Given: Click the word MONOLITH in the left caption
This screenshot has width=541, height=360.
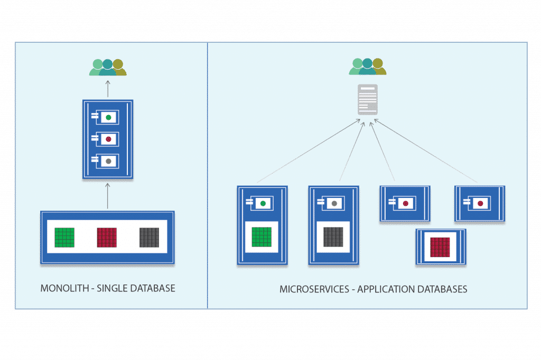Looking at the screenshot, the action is click(x=64, y=288).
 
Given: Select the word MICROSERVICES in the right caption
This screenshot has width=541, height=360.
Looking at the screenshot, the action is click(x=314, y=289).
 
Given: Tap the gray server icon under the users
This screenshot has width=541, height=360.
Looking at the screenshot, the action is click(x=368, y=99).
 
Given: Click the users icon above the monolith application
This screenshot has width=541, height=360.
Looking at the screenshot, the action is click(x=108, y=67).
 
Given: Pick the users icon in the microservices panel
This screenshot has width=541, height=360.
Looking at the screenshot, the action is click(x=368, y=66).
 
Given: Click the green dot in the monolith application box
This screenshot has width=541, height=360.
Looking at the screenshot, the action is click(x=108, y=118).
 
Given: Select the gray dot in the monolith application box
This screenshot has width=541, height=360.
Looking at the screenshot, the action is click(x=108, y=161).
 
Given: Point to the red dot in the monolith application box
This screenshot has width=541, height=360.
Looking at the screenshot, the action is click(x=108, y=139).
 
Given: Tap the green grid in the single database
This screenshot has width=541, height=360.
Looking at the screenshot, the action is click(x=64, y=238).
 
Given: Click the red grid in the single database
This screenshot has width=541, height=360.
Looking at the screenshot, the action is click(x=107, y=238).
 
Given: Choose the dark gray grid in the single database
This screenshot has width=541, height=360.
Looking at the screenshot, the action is click(x=149, y=238).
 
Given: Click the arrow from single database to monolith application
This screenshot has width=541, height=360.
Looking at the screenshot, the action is click(x=108, y=196).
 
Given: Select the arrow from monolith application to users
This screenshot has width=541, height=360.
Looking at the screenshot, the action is click(x=108, y=89).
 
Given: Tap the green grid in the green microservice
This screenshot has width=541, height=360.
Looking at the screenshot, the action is click(x=262, y=237).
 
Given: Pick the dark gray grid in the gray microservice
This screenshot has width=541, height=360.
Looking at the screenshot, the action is click(x=333, y=237).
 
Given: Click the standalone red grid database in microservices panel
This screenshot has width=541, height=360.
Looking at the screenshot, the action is click(x=440, y=247).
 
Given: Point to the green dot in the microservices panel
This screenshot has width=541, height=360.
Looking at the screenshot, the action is click(x=263, y=203).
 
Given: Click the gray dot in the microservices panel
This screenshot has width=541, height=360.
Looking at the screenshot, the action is click(x=334, y=203).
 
